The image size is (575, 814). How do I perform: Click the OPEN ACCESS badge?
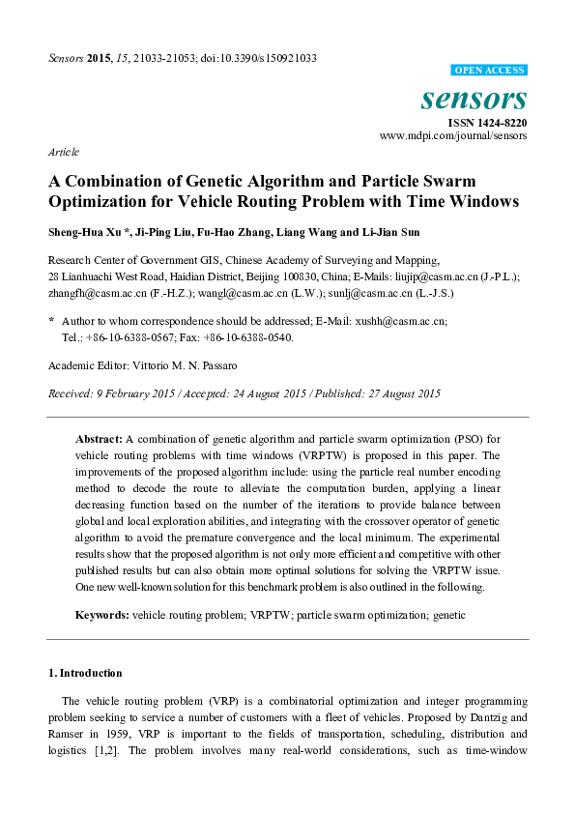click(489, 70)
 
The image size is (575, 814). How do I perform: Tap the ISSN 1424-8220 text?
click(487, 123)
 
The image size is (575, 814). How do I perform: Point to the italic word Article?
click(63, 153)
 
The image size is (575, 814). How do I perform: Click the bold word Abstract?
click(99, 439)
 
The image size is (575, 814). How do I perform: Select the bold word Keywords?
click(102, 615)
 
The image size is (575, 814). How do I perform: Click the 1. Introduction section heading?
click(85, 672)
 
